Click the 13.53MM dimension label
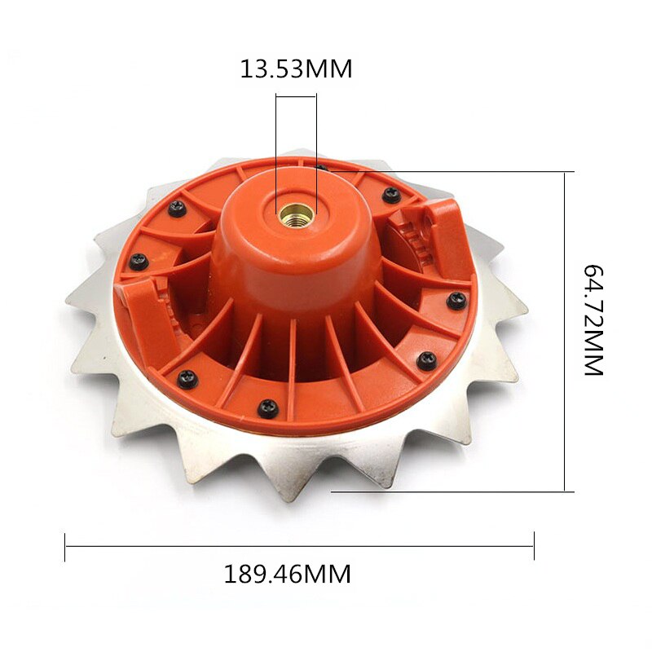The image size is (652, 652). [x=296, y=68]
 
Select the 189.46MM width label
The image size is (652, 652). [x=288, y=574]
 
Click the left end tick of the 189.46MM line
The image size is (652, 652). [x=65, y=547]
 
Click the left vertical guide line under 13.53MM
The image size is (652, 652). [x=276, y=139]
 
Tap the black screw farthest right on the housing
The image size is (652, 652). [x=457, y=299]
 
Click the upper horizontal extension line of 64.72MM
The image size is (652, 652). [x=489, y=172]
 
